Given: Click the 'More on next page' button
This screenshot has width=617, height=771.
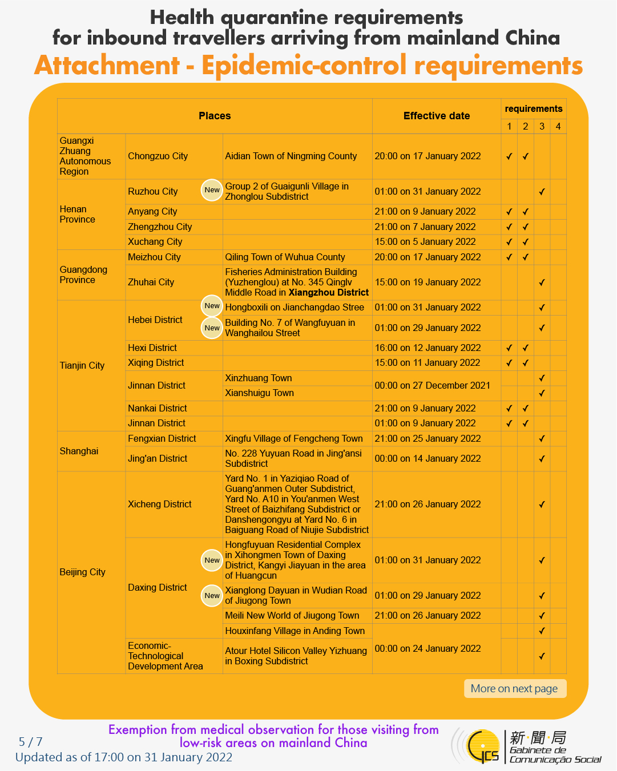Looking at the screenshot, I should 514,689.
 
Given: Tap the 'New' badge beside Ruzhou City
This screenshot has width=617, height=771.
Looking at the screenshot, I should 212,190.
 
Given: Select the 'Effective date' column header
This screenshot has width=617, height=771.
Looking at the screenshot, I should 437,116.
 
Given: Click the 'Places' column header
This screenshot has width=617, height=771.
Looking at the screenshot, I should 215,116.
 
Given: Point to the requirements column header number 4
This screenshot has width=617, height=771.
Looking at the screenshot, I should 558,126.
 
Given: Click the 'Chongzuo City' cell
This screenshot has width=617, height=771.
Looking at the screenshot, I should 158,156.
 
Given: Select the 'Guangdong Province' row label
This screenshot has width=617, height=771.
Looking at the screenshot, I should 83,275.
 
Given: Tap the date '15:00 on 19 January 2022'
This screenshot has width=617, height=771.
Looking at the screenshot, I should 428,282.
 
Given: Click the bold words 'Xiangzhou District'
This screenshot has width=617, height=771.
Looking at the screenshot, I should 329,293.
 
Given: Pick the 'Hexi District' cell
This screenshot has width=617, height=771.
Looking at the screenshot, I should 152,348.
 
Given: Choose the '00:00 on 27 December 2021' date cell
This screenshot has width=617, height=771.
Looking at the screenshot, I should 432,386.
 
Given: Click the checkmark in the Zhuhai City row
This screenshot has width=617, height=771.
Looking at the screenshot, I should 542,282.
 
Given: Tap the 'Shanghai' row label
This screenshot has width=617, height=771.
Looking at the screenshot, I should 79,451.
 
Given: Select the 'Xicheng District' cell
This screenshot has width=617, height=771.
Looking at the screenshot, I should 160,504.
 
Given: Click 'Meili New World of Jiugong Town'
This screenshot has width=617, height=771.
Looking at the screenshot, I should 292,616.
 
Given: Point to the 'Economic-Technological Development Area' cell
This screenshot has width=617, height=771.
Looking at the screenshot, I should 166,656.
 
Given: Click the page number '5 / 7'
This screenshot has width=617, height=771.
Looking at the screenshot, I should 31,742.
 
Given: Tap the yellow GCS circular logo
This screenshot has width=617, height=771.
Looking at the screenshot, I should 482,746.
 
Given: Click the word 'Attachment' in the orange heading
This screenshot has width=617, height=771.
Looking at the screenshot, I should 107,66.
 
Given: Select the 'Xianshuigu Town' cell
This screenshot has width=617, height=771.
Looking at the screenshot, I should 259,393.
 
